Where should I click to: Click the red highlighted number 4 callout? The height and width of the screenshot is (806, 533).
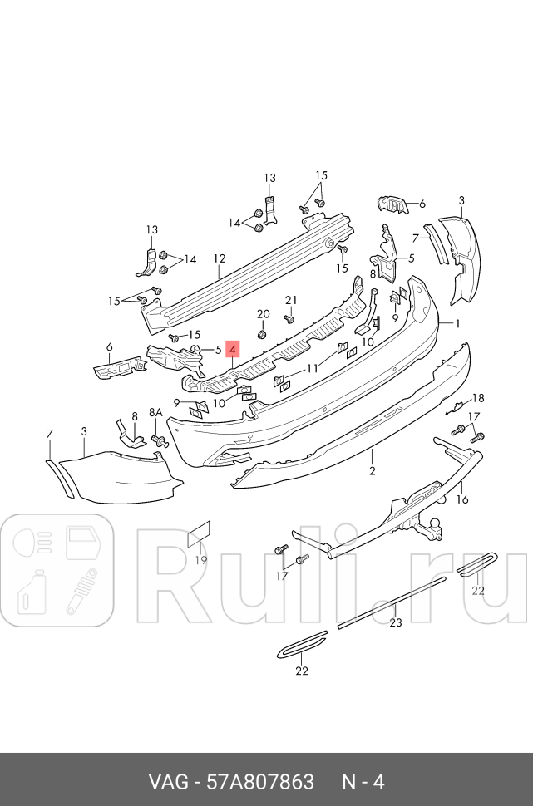[x=233, y=351]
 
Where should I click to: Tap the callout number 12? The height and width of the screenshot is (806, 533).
[x=219, y=258]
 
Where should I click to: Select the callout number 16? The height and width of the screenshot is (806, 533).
[x=462, y=499]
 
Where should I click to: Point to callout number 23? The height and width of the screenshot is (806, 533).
[x=396, y=622]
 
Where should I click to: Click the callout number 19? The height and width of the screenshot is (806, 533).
[x=200, y=560]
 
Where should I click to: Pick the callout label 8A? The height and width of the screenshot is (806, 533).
[x=155, y=412]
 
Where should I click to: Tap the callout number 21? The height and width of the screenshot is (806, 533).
[x=290, y=300]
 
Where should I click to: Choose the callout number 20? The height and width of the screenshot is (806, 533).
[x=264, y=314]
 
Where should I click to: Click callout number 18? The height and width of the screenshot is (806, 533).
[x=478, y=398]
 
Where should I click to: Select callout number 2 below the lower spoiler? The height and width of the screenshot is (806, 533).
[x=372, y=471]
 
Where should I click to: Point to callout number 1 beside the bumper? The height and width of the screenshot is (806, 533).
[x=456, y=323]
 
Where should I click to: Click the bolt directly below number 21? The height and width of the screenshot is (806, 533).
[x=289, y=318]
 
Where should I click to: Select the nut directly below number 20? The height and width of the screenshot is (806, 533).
[x=262, y=333]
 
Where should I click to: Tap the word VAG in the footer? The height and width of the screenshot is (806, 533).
[x=165, y=782]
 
